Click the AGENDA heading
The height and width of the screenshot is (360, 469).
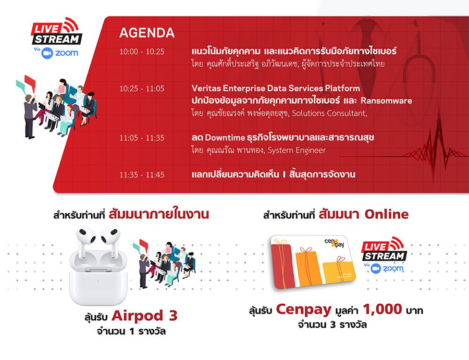146,33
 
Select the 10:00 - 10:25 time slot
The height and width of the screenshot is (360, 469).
142,52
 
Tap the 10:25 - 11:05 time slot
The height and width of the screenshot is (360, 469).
142,89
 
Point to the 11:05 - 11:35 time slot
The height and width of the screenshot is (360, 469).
142,138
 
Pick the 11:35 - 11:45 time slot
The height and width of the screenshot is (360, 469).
142,175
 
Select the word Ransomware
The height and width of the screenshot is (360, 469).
386,101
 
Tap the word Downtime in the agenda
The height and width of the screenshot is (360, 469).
225,138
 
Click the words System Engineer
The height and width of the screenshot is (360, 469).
297,150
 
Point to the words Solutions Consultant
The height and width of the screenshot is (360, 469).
329,114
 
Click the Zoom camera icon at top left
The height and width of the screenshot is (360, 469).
47,53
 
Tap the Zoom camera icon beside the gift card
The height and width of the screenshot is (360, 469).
376,268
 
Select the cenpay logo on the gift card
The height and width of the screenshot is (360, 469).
335,243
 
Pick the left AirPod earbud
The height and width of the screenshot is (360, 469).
85,241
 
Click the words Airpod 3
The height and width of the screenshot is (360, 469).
145,316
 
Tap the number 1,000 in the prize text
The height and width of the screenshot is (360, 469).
382,309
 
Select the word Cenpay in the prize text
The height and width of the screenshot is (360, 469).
304,310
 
